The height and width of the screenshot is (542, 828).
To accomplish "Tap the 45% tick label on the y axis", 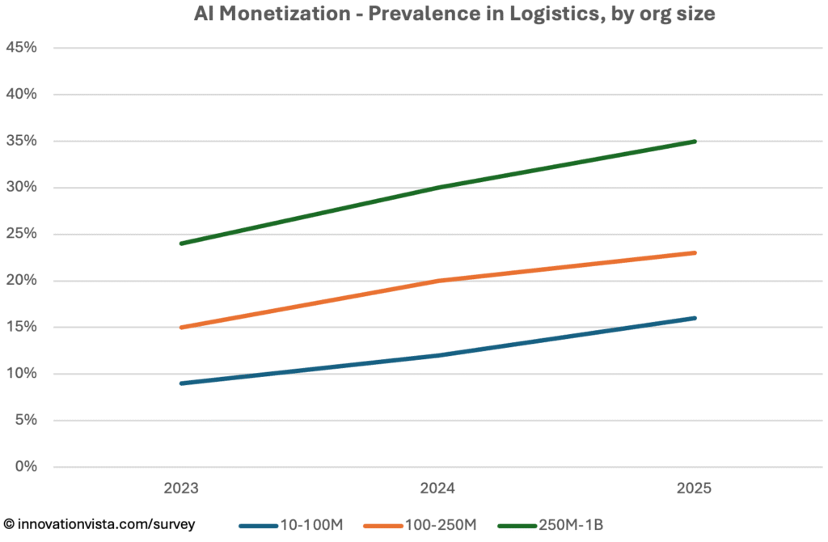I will tap(22, 48).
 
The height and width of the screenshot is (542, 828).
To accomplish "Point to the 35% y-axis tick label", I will tap(22, 141).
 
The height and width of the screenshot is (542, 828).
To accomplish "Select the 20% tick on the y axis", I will tap(22, 281).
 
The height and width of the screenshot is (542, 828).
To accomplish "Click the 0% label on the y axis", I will tap(26, 467).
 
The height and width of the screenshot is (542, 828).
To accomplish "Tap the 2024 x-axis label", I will tap(437, 489).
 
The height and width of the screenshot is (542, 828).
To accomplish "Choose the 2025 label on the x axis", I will tap(695, 489).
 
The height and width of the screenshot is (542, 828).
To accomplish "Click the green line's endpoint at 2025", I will tap(695, 142).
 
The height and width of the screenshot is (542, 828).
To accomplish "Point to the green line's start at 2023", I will tap(181, 243).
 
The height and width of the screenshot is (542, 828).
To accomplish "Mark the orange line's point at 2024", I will tap(437, 281).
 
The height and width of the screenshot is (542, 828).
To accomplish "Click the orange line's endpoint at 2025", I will tap(695, 253).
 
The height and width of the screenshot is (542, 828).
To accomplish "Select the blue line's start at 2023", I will tap(181, 383).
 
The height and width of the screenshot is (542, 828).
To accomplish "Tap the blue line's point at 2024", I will tap(437, 355).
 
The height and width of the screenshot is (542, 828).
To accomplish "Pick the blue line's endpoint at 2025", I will tap(695, 318).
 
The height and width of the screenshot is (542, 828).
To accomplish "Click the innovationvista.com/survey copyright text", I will tap(99, 524).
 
